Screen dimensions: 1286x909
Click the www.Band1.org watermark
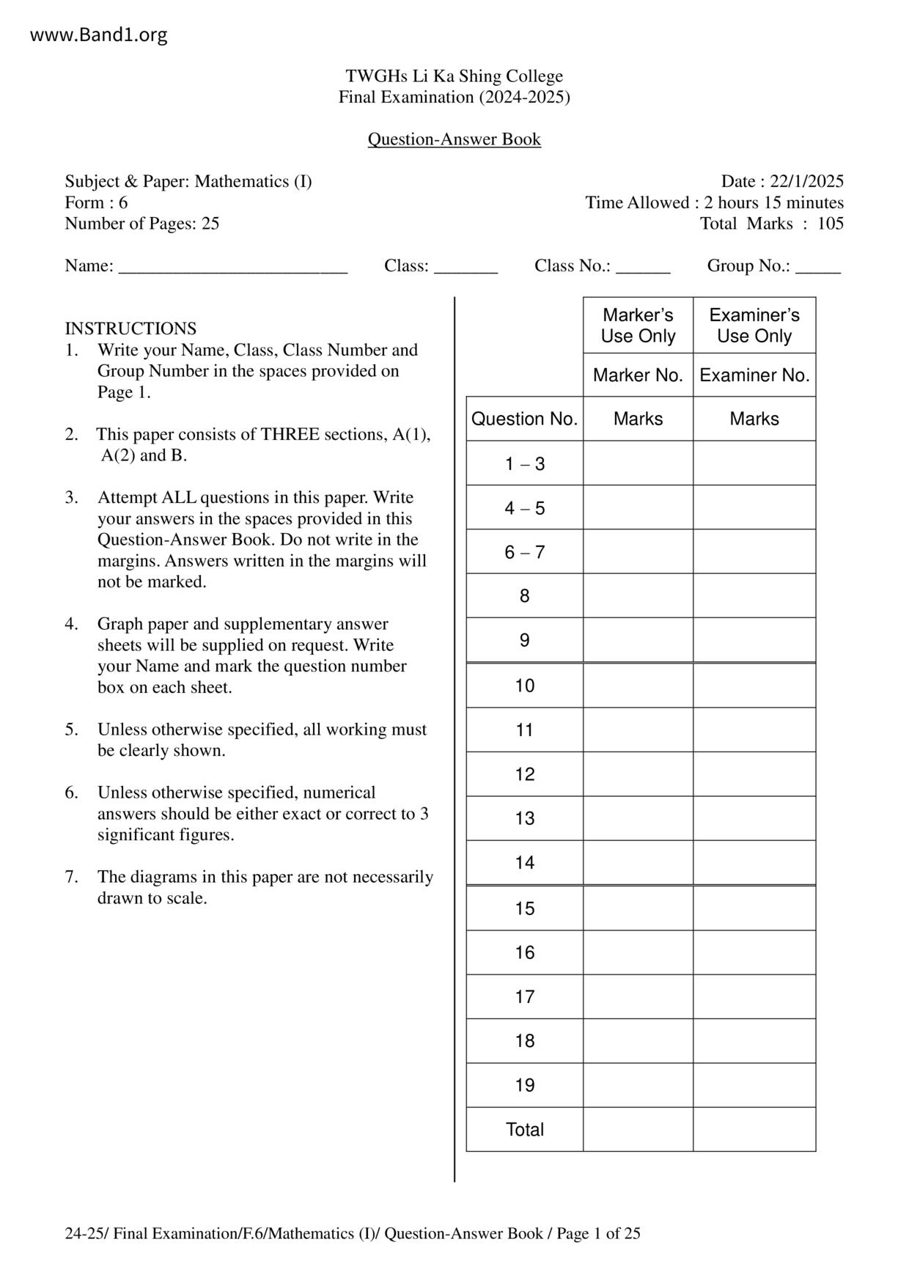pos(99,34)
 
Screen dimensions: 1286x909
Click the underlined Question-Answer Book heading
pos(454,139)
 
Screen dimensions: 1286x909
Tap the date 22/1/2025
pos(806,181)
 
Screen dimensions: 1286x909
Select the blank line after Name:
pos(232,267)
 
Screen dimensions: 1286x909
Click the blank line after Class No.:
pos(643,267)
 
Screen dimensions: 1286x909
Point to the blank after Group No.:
pos(817,267)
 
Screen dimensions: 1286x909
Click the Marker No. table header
pos(638,375)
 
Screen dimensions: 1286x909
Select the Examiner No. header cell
pos(754,375)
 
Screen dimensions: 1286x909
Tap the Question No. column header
pos(524,419)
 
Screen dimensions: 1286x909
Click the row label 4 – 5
pos(524,508)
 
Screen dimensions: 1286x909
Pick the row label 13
pos(524,818)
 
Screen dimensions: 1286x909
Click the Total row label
pos(524,1129)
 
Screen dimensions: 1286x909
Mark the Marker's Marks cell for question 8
pos(638,596)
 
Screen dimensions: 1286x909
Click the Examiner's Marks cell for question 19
pos(754,1085)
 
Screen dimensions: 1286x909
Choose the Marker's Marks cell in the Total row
pos(638,1129)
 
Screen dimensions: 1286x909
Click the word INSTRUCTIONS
pos(130,328)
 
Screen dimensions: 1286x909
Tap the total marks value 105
pos(831,224)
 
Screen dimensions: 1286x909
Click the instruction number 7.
pos(70,877)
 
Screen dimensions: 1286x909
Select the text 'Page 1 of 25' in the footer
pos(598,1233)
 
